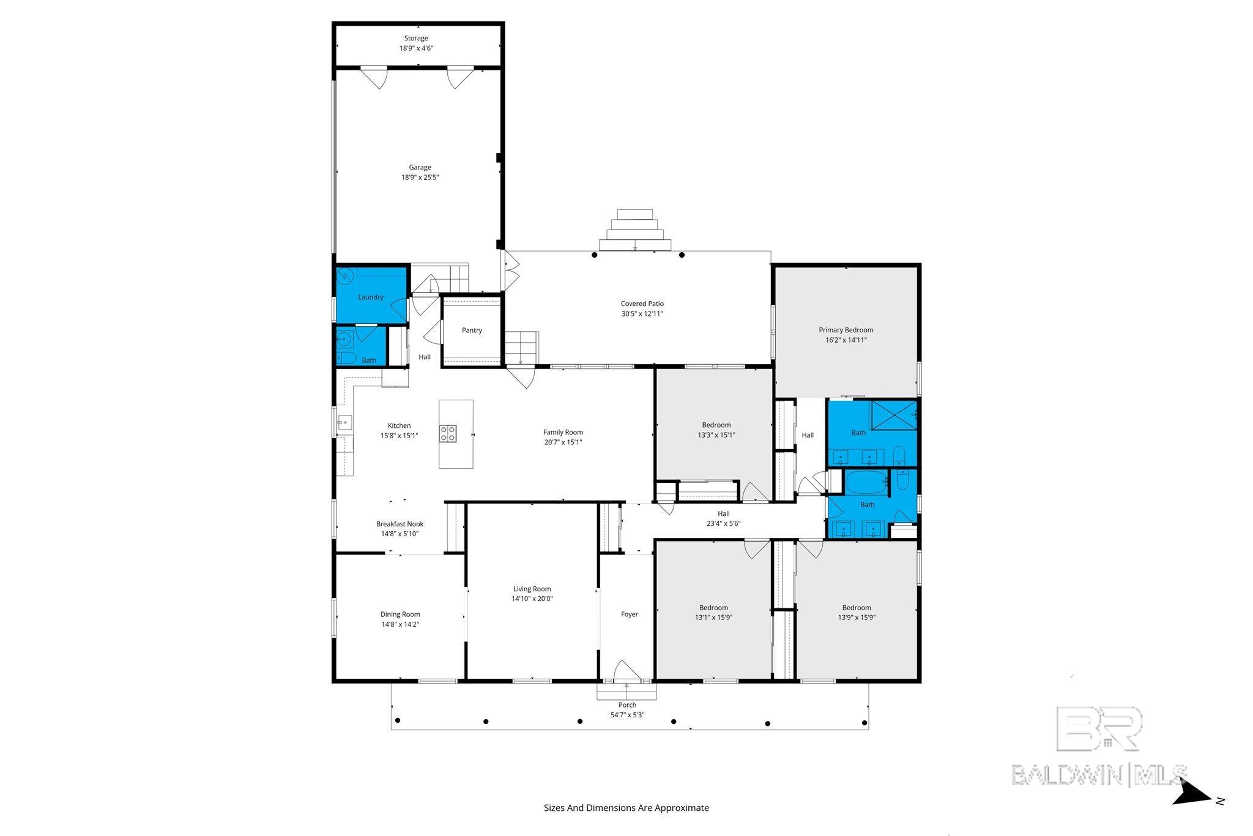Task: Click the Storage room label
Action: coord(416,39)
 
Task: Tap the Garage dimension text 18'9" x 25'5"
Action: coord(420,177)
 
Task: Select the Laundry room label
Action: coord(371,297)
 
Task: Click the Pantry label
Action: coord(472,330)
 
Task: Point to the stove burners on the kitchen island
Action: coord(448,433)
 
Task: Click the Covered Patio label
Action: coord(642,304)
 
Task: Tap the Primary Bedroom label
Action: coord(846,330)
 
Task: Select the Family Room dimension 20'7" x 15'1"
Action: coord(563,442)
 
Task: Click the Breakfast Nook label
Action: coord(400,524)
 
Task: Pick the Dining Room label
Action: coord(400,614)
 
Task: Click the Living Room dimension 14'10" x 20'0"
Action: coord(532,599)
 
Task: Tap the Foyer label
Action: coord(630,614)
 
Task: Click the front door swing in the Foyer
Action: coord(626,671)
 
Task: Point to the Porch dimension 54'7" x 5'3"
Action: coord(628,715)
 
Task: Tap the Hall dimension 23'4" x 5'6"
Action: coord(724,524)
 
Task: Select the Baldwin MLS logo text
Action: coord(1099,774)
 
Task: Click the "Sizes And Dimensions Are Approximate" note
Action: coord(626,808)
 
